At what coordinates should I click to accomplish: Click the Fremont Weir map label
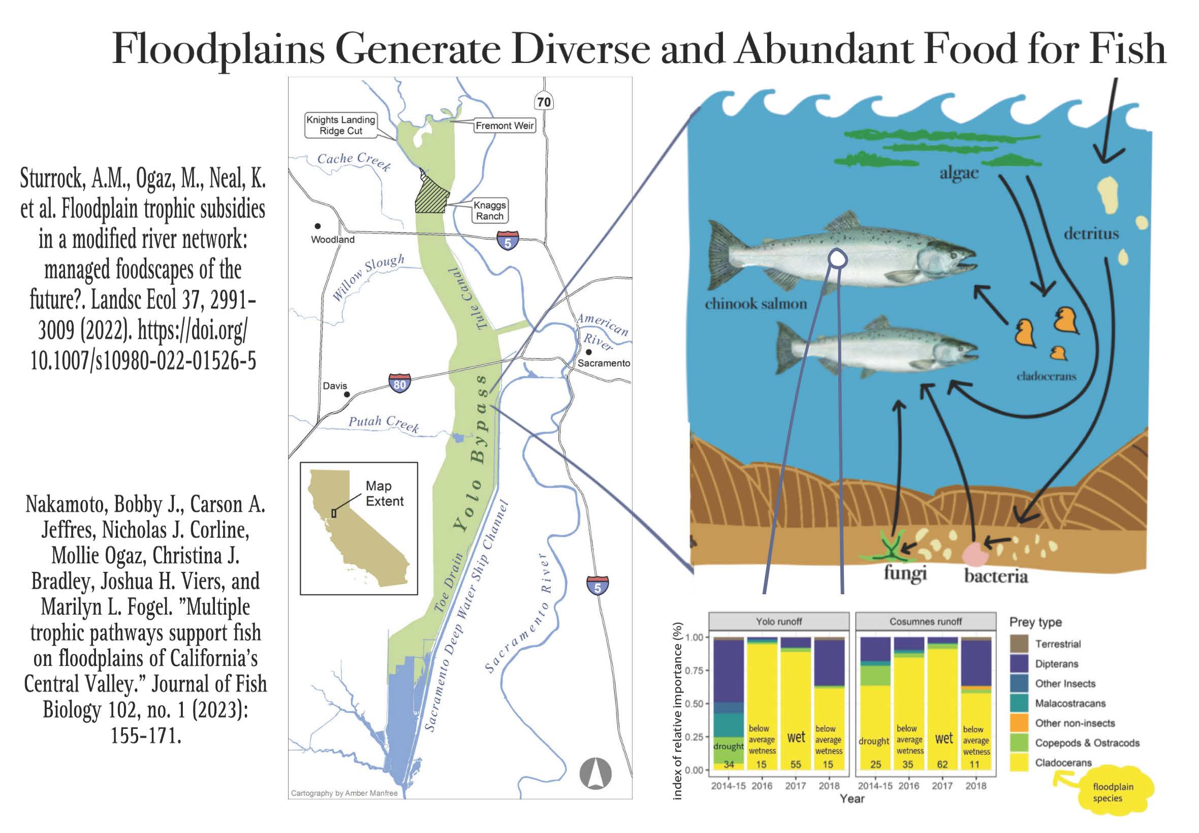point(504,126)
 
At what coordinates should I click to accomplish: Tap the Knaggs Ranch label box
point(489,211)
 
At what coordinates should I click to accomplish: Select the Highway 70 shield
point(544,102)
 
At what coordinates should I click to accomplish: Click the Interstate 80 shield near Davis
point(399,383)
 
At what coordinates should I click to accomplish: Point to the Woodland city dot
point(318,226)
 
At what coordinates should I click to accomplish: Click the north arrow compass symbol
point(595,773)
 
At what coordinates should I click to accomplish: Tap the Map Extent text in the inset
point(384,494)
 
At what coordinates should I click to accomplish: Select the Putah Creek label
point(384,424)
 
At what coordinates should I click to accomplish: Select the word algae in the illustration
point(959,173)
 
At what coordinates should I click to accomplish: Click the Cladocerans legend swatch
point(1019,762)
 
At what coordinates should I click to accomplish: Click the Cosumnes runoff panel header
point(925,622)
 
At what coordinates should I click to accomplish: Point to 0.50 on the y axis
point(694,703)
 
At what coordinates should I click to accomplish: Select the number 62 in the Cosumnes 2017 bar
point(942,764)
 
